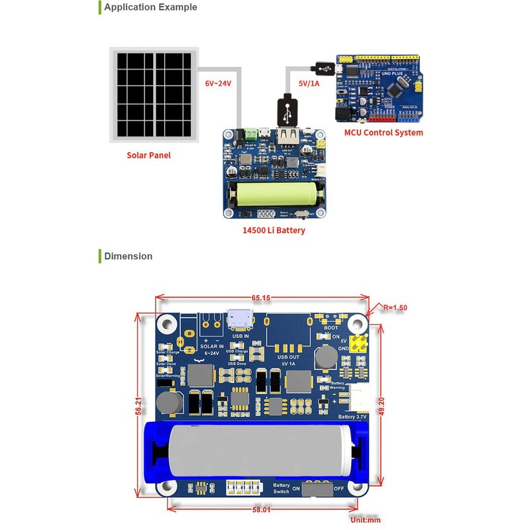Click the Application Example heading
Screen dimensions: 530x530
point(150,7)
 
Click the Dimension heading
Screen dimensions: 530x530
point(128,256)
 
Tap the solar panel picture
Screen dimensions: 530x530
point(154,94)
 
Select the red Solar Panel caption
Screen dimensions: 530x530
point(148,156)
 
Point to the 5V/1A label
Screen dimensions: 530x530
point(309,83)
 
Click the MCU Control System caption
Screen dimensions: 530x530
point(383,132)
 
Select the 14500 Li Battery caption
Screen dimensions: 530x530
point(274,231)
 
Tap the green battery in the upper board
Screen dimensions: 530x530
point(274,196)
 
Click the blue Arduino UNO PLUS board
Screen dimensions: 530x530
point(378,89)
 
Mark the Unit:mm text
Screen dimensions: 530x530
point(366,520)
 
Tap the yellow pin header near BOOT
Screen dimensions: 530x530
point(360,344)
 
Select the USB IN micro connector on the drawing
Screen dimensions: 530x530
point(237,319)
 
